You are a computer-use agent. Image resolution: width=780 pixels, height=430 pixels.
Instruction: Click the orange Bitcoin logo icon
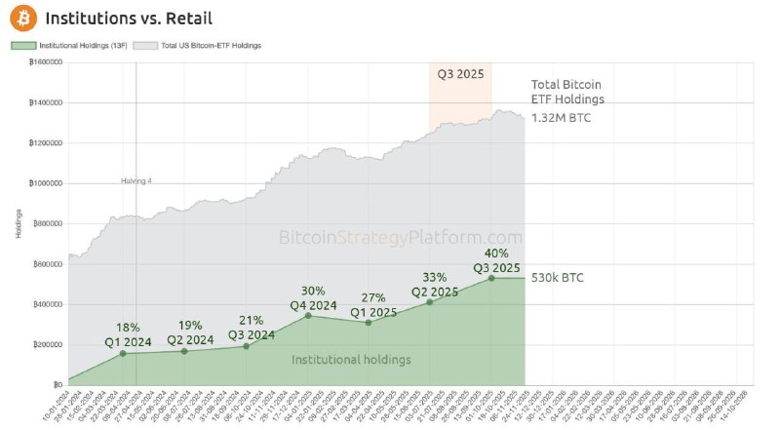20,19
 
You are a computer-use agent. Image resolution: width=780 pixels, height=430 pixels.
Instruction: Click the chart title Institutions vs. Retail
129,19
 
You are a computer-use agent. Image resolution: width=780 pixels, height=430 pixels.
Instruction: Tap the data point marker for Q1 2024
123,353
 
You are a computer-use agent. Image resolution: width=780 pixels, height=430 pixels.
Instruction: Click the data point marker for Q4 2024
309,315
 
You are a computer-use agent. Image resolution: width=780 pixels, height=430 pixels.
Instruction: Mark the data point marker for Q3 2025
492,278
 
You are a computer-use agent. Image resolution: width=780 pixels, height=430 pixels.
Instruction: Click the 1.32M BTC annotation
560,118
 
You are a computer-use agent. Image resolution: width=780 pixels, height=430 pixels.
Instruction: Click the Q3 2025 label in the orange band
461,73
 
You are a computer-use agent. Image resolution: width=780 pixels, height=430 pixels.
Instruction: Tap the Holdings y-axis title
18,223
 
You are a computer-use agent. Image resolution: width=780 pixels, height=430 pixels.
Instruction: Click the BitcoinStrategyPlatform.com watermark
401,237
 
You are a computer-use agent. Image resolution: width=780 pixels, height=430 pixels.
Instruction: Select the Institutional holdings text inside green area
351,360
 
